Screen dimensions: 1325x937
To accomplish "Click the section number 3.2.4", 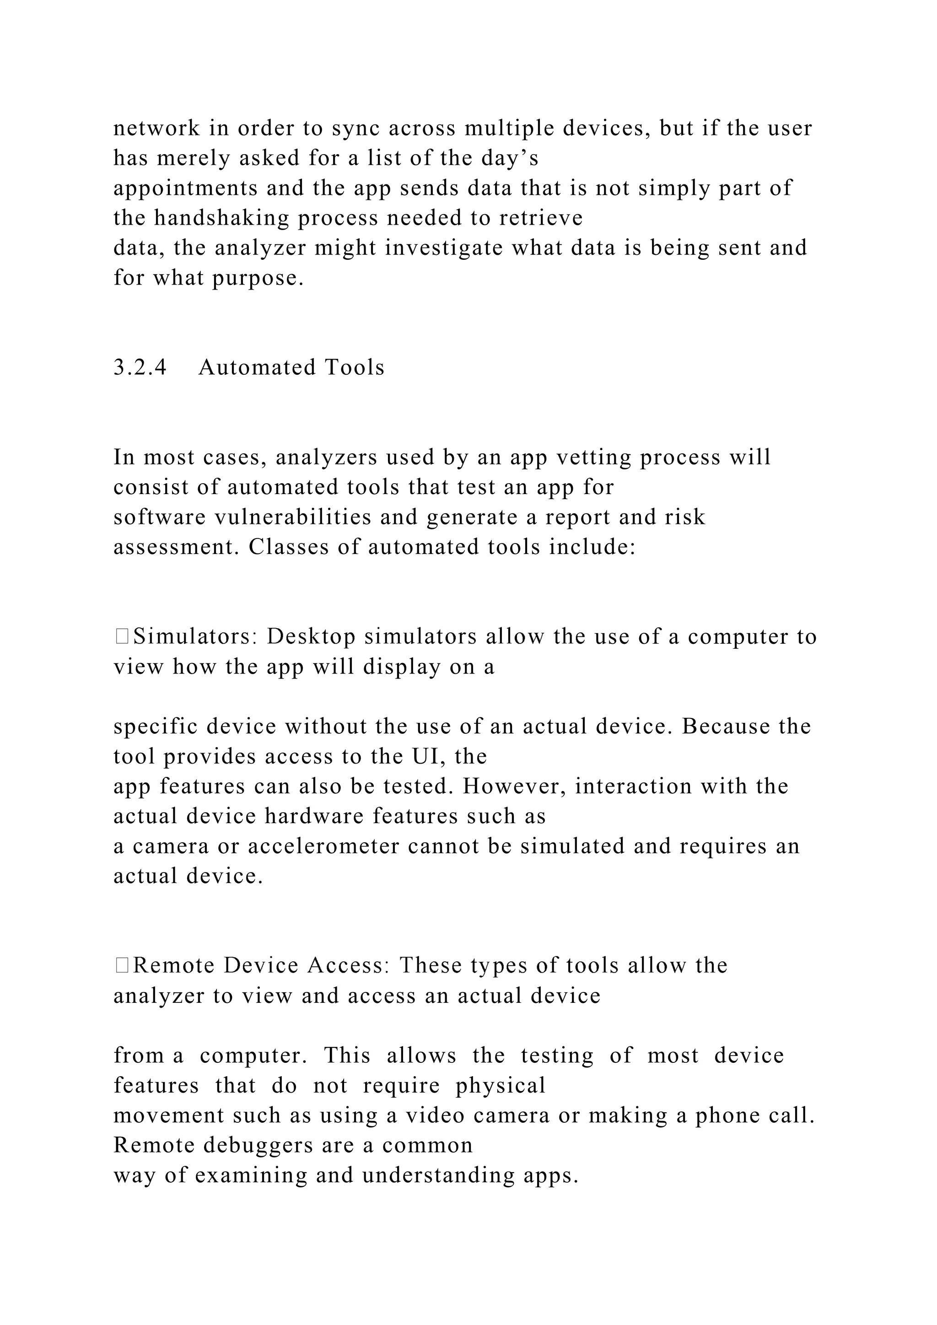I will [x=140, y=367].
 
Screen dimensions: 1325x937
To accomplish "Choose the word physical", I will [x=500, y=1086].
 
